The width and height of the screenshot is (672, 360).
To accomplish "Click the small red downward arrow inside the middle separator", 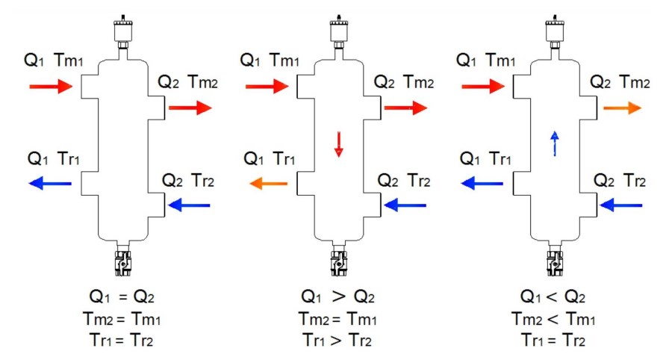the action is coord(338,144).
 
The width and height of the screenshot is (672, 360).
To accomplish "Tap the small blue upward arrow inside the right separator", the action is coord(555,143).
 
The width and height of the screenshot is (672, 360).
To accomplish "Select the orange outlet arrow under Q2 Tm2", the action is coord(622,108).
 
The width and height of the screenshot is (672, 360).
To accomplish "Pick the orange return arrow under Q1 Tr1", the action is coord(269,184).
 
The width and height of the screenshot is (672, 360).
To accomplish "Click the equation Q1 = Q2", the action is coord(122,297).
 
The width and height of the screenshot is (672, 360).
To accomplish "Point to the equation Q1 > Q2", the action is coord(337,297).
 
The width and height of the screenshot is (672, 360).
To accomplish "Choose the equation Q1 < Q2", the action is coord(553,297).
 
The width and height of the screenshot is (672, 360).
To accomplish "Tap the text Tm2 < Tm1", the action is coord(553,319).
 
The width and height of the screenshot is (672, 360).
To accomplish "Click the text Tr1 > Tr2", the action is coord(337,341).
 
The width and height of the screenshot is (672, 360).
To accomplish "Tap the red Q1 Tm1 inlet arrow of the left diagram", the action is coord(51,86).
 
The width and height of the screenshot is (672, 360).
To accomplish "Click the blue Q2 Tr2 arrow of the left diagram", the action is coord(189,205).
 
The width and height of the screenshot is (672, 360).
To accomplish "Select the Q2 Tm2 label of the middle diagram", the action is coord(404,81).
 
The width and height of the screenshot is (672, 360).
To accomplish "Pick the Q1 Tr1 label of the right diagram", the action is coord(485,159).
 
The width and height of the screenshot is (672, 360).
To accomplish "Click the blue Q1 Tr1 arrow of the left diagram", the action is coord(50,184).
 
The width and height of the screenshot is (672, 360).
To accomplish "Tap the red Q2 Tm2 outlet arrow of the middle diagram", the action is coord(406,108).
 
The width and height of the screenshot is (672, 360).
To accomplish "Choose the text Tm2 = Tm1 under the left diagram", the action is coord(122,319).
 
